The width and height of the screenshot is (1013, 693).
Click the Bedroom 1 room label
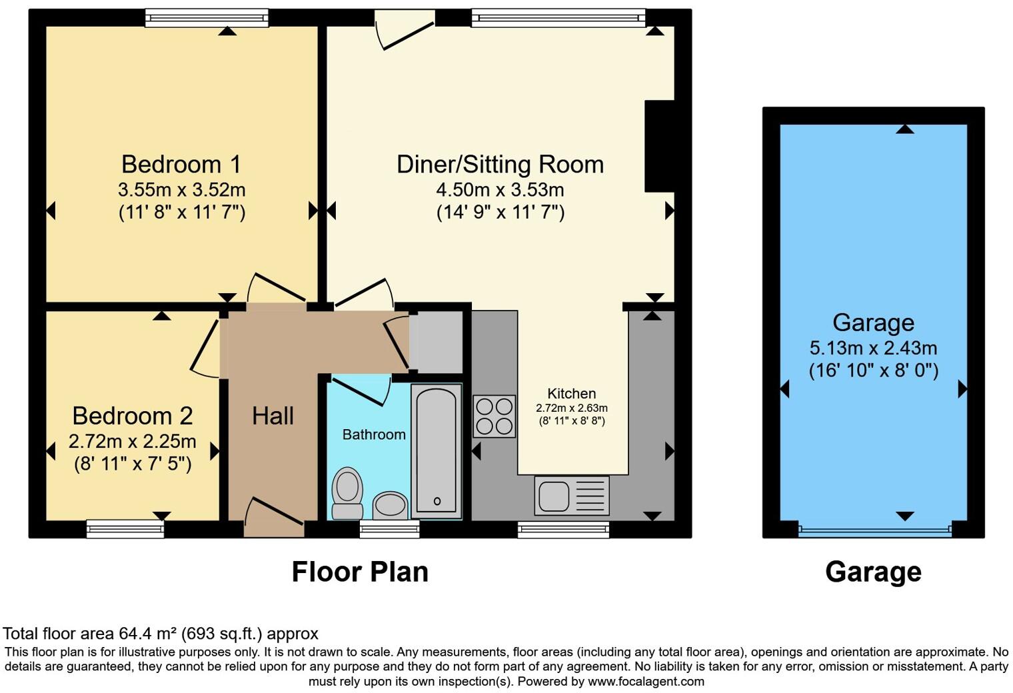181,164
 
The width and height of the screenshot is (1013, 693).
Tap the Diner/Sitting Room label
500,165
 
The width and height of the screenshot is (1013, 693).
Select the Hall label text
273,416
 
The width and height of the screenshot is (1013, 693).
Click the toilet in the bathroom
347,492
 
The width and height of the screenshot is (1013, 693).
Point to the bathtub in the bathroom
437,451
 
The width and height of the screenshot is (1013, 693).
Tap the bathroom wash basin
391,505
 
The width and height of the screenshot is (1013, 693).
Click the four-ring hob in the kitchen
494,416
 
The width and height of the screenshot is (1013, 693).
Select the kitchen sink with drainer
572,496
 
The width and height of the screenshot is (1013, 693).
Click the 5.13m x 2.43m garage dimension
873,348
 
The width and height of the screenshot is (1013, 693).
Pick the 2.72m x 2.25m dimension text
133,441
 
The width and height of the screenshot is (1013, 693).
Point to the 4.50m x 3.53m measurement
500,190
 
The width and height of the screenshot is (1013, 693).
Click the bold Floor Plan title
360,572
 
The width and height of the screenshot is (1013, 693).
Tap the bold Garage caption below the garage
873,572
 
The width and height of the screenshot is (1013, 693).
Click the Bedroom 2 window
125,529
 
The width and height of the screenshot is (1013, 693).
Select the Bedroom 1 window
207,18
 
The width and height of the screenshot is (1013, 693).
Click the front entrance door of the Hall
274,518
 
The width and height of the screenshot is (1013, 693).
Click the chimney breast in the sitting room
659,146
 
